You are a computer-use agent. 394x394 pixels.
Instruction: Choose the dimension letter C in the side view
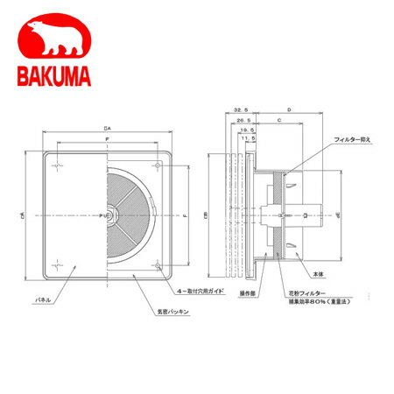click(278, 118)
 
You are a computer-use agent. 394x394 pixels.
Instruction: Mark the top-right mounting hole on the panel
click(157, 164)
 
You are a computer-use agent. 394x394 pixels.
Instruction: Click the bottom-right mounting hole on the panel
click(157, 264)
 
